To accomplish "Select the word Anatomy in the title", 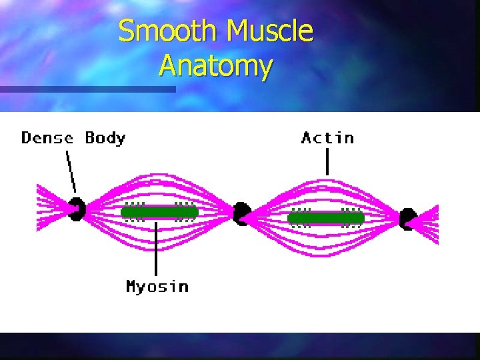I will pyautogui.click(x=216, y=66).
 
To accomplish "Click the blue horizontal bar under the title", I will pyautogui.click(x=87, y=89).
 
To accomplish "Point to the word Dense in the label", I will pyautogui.click(x=47, y=138).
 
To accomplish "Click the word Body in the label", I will pyautogui.click(x=105, y=139).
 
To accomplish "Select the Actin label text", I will pyautogui.click(x=327, y=138).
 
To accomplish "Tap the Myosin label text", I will pyautogui.click(x=157, y=287).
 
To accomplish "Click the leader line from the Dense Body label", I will pyautogui.click(x=71, y=171).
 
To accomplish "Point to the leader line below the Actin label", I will pyautogui.click(x=327, y=162).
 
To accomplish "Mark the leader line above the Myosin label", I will pyautogui.click(x=156, y=249).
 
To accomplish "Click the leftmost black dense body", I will pyautogui.click(x=77, y=209).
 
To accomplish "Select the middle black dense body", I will pyautogui.click(x=241, y=213).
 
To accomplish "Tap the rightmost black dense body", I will pyautogui.click(x=408, y=218).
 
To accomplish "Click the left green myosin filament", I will pyautogui.click(x=160, y=213).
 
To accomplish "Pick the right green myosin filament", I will pyautogui.click(x=326, y=218).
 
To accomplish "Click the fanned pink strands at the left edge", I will pyautogui.click(x=50, y=208).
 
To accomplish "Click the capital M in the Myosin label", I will pyautogui.click(x=133, y=286).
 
